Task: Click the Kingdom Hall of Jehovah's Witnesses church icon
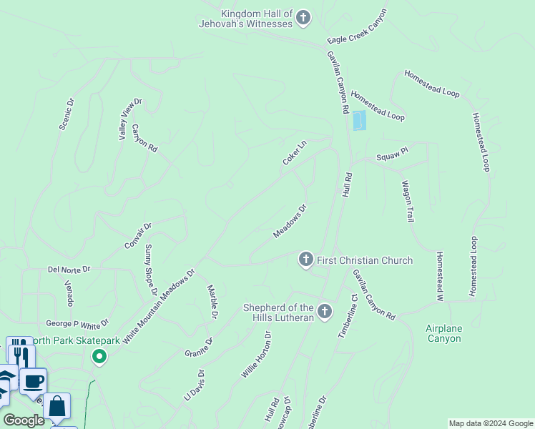(x=303, y=17)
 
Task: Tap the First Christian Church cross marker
(x=305, y=259)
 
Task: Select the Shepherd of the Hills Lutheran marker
(x=325, y=310)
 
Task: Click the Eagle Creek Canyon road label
(x=357, y=26)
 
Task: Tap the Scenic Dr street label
(x=67, y=114)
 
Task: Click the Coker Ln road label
(x=294, y=152)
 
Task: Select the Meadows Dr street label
(x=290, y=221)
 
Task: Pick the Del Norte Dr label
(x=69, y=270)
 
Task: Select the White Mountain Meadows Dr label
(x=159, y=307)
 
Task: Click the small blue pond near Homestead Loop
(x=359, y=120)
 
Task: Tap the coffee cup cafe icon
(x=32, y=380)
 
